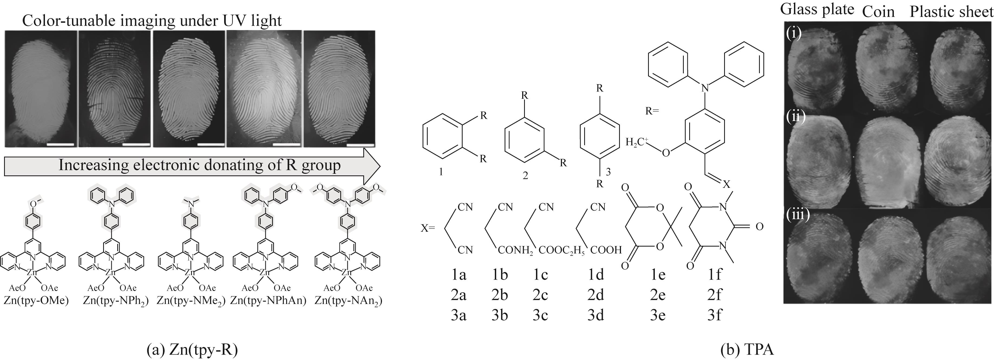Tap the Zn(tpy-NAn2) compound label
click(x=348, y=300)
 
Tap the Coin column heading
click(x=878, y=12)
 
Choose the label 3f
click(x=715, y=315)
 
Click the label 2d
click(x=595, y=295)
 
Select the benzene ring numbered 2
click(x=525, y=137)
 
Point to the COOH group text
click(x=606, y=250)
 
